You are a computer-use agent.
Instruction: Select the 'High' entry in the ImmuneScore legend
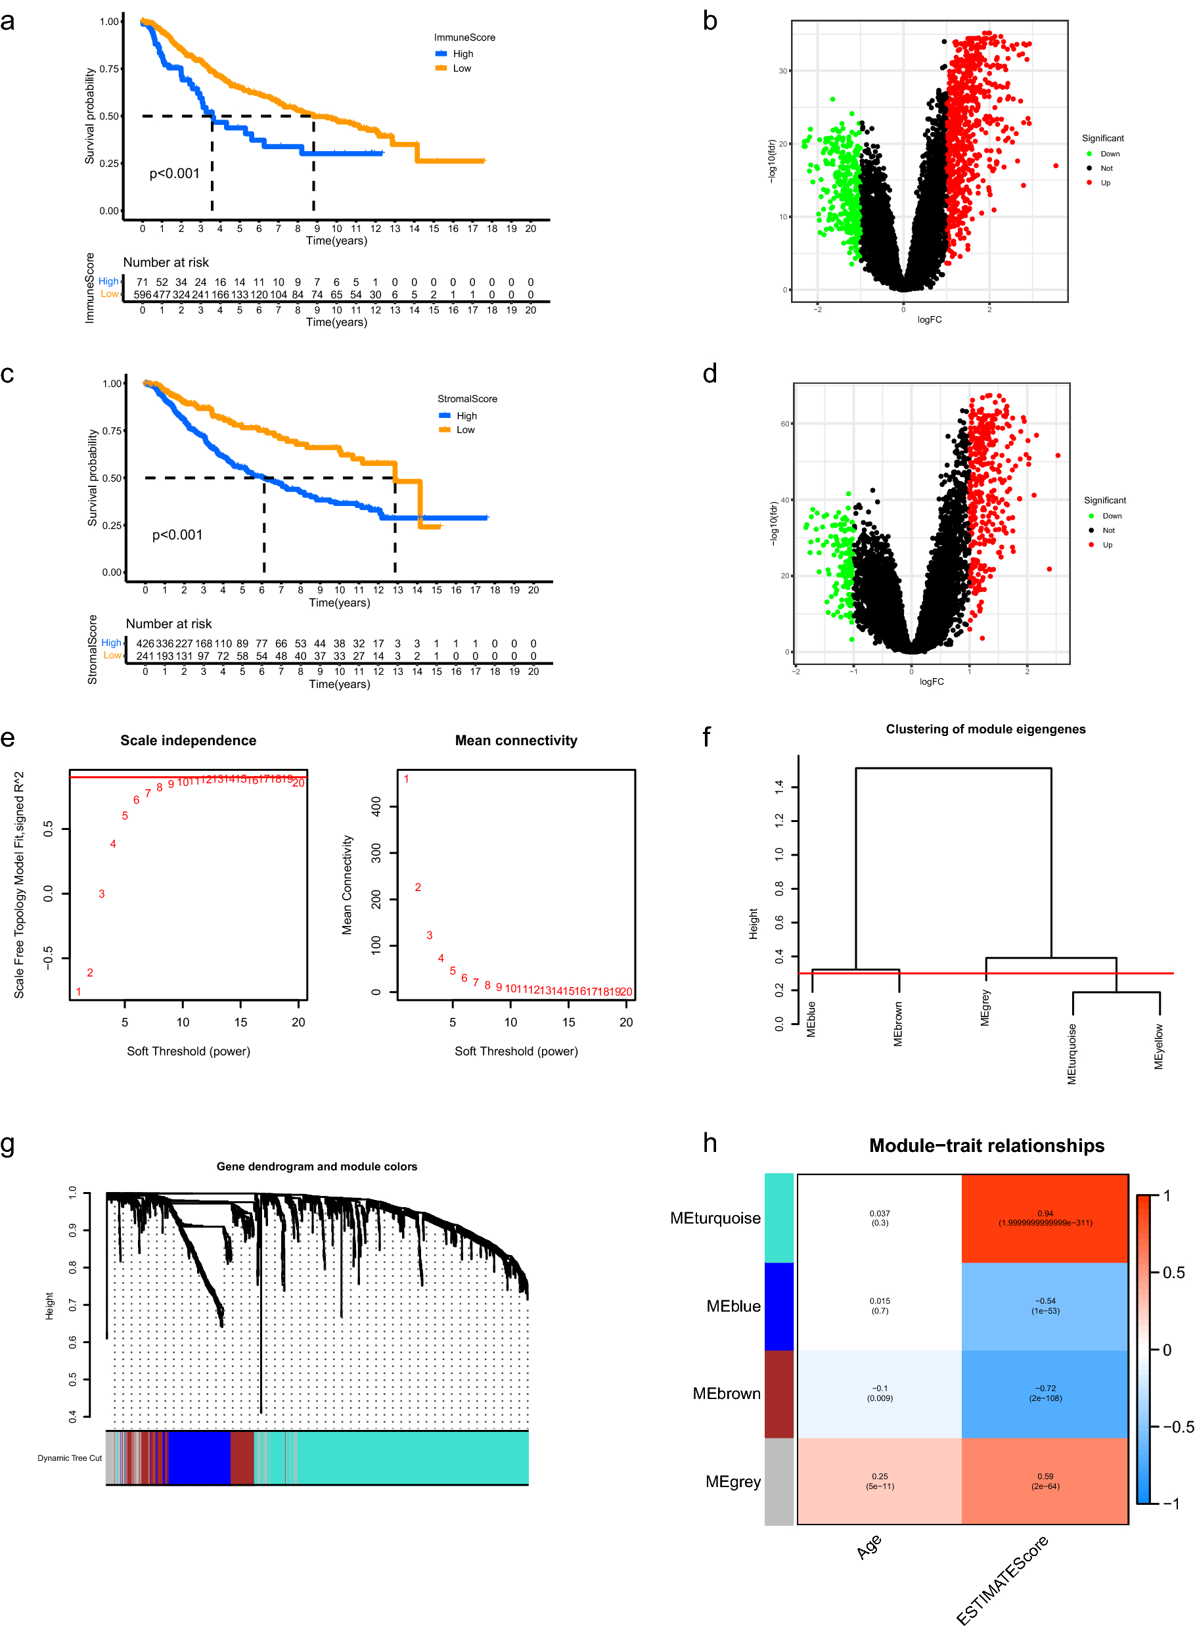pyautogui.click(x=462, y=53)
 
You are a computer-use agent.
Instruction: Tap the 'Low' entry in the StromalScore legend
pyautogui.click(x=464, y=430)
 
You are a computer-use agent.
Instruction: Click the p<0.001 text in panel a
pyautogui.click(x=174, y=173)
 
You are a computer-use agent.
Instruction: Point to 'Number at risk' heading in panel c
pyautogui.click(x=169, y=624)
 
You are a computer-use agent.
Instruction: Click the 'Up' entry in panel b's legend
pyautogui.click(x=1104, y=183)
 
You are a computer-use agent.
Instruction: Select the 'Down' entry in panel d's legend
pyautogui.click(x=1111, y=516)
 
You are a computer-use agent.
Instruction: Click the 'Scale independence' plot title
pyautogui.click(x=188, y=740)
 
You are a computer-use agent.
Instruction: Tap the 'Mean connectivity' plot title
pyautogui.click(x=516, y=740)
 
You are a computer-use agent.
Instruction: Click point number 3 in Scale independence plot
pyautogui.click(x=102, y=894)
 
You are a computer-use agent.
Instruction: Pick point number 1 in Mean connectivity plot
pyautogui.click(x=407, y=779)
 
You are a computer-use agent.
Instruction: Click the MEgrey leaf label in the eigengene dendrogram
pyautogui.click(x=985, y=1007)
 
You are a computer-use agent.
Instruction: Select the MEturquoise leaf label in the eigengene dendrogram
pyautogui.click(x=1072, y=1053)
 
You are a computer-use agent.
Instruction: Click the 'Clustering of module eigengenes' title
pyautogui.click(x=985, y=729)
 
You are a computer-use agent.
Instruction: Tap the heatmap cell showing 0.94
pyautogui.click(x=1045, y=1218)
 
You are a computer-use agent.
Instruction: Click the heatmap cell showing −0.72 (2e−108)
pyautogui.click(x=1045, y=1393)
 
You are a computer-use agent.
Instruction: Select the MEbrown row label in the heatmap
pyautogui.click(x=726, y=1394)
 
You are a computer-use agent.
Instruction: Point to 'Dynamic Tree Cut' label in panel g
pyautogui.click(x=70, y=1458)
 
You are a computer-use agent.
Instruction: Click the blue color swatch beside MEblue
pyautogui.click(x=779, y=1306)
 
